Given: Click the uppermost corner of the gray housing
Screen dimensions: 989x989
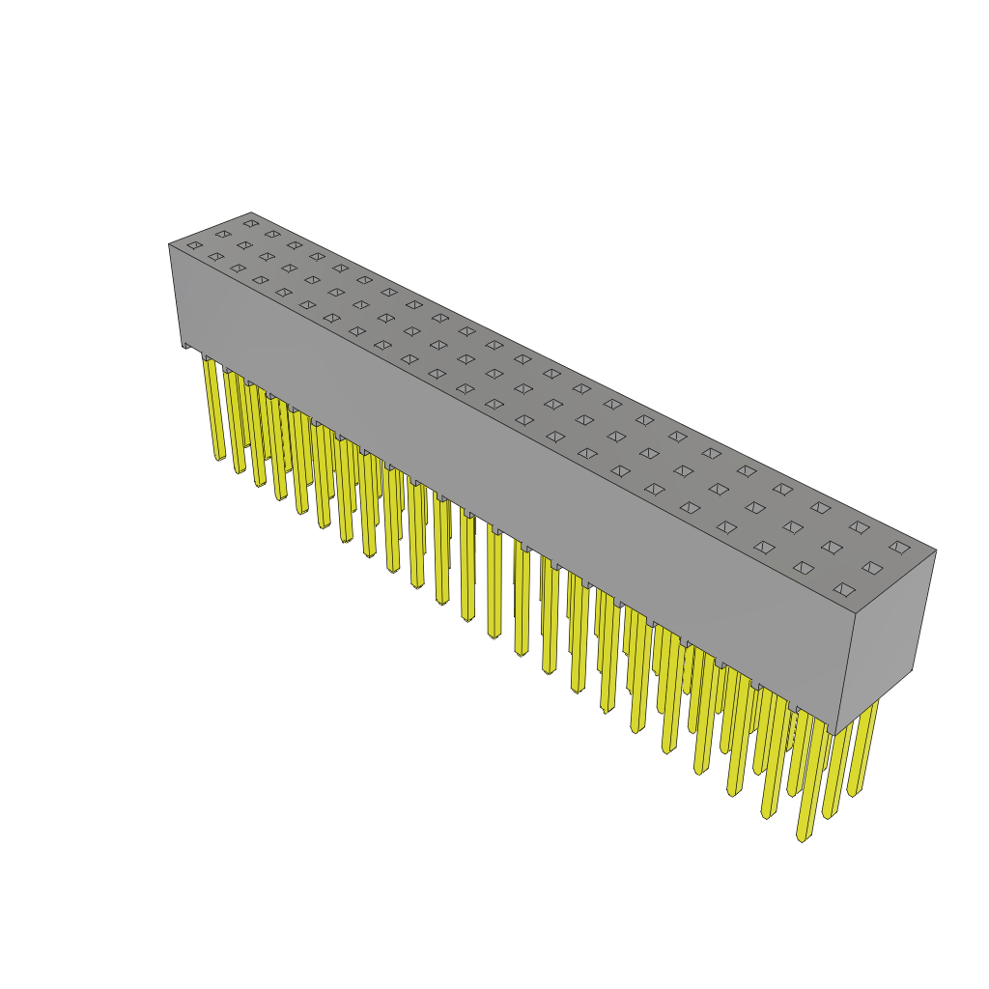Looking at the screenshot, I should [x=251, y=213].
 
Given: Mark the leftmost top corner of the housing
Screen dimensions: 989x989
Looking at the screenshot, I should [x=170, y=244].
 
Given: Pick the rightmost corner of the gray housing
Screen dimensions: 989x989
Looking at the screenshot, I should [x=936, y=551].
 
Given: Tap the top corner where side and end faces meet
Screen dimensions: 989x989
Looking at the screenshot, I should [x=856, y=613].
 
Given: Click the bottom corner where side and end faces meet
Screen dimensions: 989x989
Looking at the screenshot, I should [x=836, y=734].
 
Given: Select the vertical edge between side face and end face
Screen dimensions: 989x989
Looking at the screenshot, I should [x=846, y=673].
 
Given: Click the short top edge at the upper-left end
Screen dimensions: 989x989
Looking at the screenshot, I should [x=211, y=229].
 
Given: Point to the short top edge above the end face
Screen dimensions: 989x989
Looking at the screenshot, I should [x=896, y=582].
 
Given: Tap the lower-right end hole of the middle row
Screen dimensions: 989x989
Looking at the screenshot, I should [x=872, y=568].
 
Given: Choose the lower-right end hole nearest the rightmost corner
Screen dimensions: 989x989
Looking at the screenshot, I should [x=899, y=547].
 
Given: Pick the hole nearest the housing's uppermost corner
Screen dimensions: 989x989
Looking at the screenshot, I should [x=251, y=223].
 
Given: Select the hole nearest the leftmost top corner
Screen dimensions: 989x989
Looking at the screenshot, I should [x=195, y=245].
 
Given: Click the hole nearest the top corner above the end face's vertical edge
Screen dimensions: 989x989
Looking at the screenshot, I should [x=844, y=589].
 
